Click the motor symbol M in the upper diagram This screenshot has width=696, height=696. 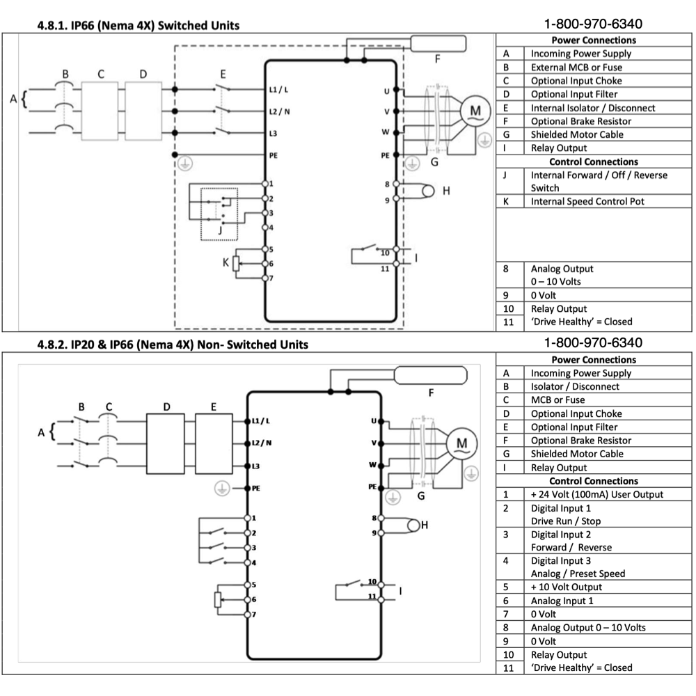click(x=476, y=111)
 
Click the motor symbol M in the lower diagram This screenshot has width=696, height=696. click(x=461, y=442)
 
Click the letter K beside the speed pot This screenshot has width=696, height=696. click(x=225, y=262)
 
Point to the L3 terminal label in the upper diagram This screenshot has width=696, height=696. click(x=274, y=132)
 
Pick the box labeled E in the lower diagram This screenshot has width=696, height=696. click(x=213, y=443)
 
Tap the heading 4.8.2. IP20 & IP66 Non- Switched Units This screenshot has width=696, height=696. click(x=172, y=345)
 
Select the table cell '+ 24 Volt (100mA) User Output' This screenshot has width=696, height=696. click(x=596, y=494)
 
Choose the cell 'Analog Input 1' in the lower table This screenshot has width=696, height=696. click(x=562, y=601)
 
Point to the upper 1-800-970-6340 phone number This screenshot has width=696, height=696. click(x=593, y=24)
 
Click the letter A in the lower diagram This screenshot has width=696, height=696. click(x=42, y=433)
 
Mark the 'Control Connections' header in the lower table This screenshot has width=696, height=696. click(x=594, y=481)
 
